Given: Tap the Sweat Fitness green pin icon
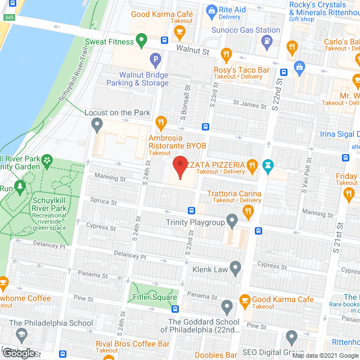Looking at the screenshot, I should tap(142, 40).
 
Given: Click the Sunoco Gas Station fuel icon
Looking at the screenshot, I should tap(265, 40).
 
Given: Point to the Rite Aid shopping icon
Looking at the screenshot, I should tap(211, 10).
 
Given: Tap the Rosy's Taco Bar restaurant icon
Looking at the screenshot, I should tap(226, 55).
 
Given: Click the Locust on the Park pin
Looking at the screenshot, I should tap(97, 123).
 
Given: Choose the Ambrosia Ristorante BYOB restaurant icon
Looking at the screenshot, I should tap(161, 121).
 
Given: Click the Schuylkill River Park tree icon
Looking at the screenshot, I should tap(21, 186).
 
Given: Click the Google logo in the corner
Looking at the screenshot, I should tap(19, 353).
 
